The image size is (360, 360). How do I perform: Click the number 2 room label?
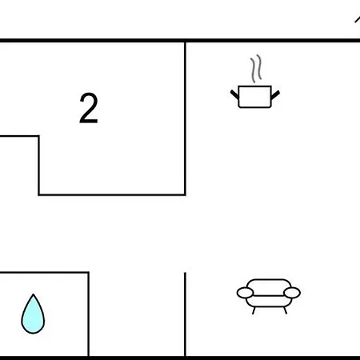[89, 108]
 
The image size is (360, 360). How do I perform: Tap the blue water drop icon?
[33, 314]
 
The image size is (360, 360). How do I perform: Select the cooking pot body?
[254, 97]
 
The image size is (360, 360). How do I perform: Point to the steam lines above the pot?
[256, 69]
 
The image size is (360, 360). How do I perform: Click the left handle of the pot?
[234, 94]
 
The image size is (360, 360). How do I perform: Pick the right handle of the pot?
[275, 95]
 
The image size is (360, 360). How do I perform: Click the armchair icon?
[269, 297]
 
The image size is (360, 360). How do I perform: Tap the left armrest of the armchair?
[245, 293]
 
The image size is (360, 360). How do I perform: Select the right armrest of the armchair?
[292, 293]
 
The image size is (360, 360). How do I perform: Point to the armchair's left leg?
[254, 310]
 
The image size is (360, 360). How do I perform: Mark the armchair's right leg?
[286, 310]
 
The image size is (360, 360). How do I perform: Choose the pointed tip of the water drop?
[33, 294]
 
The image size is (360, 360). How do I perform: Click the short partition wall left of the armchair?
[185, 314]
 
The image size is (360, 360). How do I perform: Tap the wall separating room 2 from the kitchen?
[185, 118]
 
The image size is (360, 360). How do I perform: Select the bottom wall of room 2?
[112, 195]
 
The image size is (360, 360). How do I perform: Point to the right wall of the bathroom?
[89, 314]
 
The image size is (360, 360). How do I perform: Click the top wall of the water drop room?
[44, 273]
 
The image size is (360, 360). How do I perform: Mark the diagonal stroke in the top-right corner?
[358, 19]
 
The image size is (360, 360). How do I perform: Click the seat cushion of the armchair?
[269, 302]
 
